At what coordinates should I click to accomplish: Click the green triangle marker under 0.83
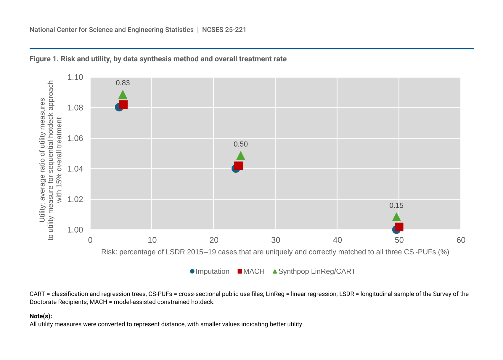(123, 95)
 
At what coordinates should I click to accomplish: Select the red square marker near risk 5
(123, 105)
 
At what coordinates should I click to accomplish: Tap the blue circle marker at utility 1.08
(118, 107)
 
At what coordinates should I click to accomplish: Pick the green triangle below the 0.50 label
(241, 156)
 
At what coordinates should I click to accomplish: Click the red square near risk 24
(239, 166)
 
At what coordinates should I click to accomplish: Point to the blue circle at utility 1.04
(235, 169)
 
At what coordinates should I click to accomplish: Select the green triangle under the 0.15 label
(396, 217)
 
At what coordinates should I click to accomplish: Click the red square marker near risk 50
(399, 227)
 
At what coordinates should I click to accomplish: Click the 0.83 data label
(123, 83)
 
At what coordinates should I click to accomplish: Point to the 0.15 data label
(396, 206)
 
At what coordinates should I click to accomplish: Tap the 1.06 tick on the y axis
(75, 138)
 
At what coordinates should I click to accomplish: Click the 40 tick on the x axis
(337, 240)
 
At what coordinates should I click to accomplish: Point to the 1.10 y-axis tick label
(75, 77)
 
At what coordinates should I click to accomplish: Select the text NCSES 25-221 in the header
(224, 30)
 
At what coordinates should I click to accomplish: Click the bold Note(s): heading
(41, 316)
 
